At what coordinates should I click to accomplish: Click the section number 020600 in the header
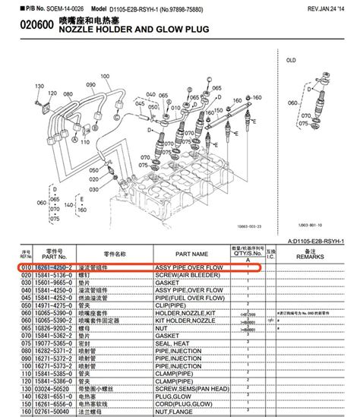[26, 29]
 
